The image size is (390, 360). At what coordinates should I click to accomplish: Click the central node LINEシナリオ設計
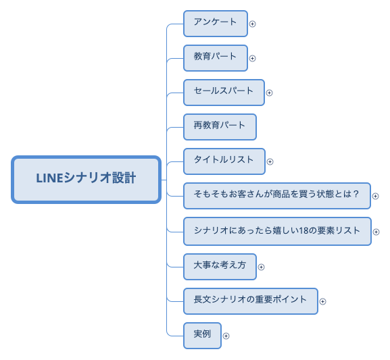point(86,179)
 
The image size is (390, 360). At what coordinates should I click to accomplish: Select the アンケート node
point(215,23)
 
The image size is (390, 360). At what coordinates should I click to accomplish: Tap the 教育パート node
point(215,57)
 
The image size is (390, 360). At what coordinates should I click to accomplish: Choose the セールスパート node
point(223,92)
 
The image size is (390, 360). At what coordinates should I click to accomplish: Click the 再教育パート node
point(219,126)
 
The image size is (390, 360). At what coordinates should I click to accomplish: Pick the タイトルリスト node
point(224,161)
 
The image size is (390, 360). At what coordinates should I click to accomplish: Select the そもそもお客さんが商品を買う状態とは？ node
point(276,196)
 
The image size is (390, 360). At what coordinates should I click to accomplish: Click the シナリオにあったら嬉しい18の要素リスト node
point(276,231)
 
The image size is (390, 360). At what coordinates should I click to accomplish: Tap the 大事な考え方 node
point(219,266)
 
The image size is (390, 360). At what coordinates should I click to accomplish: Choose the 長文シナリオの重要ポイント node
point(250,301)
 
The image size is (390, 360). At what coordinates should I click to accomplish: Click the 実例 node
point(202,335)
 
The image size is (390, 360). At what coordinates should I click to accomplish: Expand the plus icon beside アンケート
point(253,24)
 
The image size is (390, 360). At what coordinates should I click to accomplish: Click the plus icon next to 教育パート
point(253,58)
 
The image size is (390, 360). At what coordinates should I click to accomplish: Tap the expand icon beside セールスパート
point(269,93)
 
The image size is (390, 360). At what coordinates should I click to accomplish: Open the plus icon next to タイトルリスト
point(270,161)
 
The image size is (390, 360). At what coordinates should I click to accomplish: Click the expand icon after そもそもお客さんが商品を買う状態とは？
point(376,197)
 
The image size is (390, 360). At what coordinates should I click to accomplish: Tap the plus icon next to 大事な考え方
point(261,267)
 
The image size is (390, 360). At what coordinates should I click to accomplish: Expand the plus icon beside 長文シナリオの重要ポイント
point(322,301)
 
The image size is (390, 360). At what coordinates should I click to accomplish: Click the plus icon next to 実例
point(226,336)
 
